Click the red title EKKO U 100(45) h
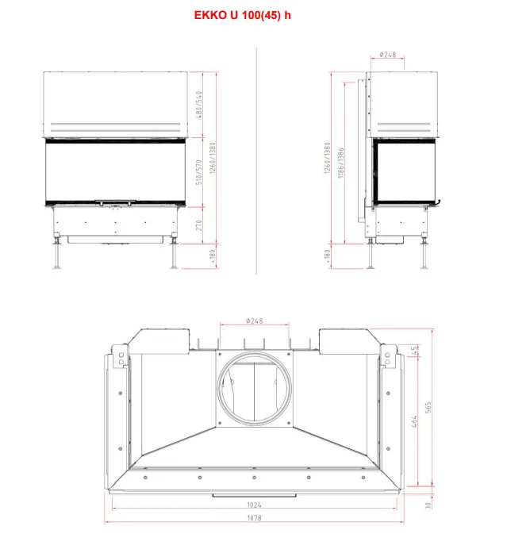pos(242,15)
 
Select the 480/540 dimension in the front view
pos(199,105)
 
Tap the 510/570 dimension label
pos(199,172)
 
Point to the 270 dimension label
pos(199,225)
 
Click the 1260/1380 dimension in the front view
pos(213,158)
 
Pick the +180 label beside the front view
pos(213,256)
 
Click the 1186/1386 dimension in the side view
pos(340,163)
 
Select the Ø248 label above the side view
pos(387,55)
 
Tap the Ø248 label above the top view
pos(254,321)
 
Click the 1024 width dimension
pos(254,505)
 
